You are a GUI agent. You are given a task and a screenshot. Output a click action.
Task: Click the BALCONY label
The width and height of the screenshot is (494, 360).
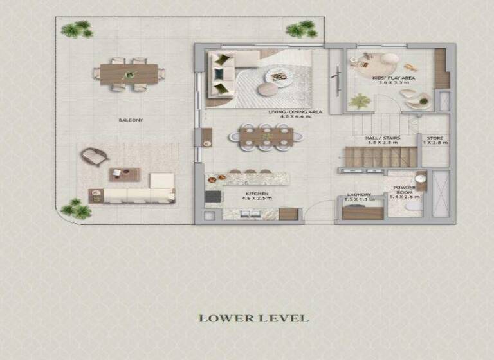pyautogui.click(x=131, y=120)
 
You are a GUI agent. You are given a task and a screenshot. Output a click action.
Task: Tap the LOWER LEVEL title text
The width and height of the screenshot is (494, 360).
pyautogui.click(x=253, y=318)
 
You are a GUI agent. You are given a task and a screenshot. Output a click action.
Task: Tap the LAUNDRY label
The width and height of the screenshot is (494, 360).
pyautogui.click(x=357, y=195)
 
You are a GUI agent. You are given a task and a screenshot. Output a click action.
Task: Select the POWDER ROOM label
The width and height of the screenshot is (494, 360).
pyautogui.click(x=405, y=192)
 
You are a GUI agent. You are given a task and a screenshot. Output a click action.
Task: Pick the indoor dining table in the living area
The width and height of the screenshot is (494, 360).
pyautogui.click(x=266, y=136)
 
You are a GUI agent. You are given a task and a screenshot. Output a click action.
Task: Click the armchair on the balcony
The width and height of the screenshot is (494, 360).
pyautogui.click(x=93, y=156)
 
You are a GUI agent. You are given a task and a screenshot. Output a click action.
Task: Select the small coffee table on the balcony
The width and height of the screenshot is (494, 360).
pyautogui.click(x=125, y=174)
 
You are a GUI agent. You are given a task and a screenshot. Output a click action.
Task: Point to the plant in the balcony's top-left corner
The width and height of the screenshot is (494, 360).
pyautogui.click(x=77, y=29)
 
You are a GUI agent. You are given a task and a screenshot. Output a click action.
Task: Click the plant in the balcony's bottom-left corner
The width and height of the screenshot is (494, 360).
pyautogui.click(x=73, y=208)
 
